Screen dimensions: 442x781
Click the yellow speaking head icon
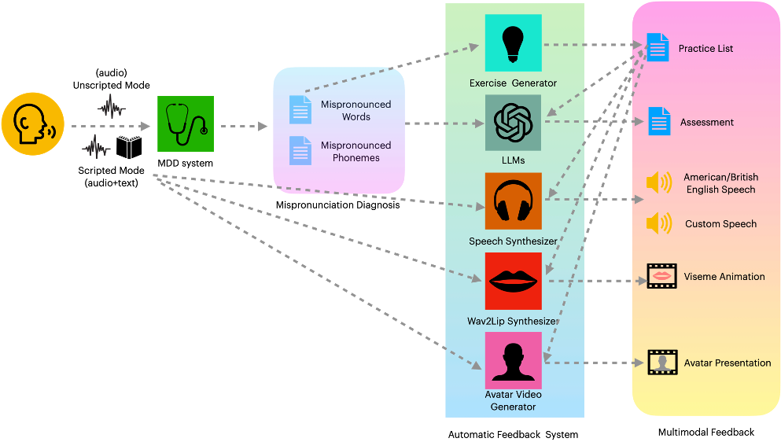pos(32,123)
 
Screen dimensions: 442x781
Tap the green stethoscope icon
pos(186,123)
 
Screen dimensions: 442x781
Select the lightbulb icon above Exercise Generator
pos(513,43)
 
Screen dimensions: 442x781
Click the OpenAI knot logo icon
pos(513,123)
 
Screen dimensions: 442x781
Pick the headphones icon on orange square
pos(513,201)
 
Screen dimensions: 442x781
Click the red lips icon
pos(513,281)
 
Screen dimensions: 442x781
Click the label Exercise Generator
pos(513,83)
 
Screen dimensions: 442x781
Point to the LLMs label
pos(513,160)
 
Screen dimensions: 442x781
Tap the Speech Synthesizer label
pos(513,241)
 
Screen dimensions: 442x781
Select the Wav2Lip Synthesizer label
pos(513,322)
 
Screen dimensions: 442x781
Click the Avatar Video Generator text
pos(513,400)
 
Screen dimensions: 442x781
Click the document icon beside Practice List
pos(658,47)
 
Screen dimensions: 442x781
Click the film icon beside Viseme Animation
pos(661,276)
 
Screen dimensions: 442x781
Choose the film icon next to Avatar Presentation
pos(661,363)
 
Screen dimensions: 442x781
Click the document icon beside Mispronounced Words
pos(300,109)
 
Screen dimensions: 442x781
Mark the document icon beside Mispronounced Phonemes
pos(300,150)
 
